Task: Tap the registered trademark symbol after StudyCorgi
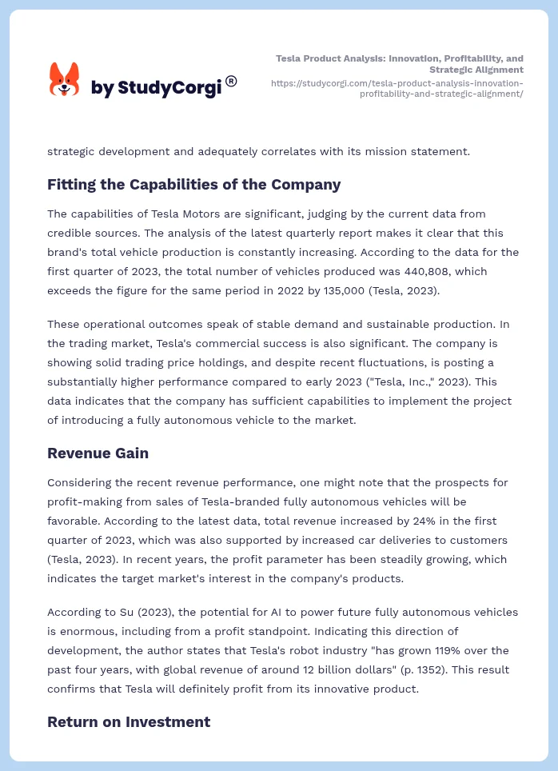click(x=231, y=81)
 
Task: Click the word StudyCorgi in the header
click(x=169, y=88)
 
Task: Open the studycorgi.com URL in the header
click(x=397, y=88)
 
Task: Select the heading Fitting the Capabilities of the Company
click(x=193, y=185)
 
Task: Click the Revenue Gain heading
click(x=98, y=453)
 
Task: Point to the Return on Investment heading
click(x=128, y=722)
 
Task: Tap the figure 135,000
click(x=340, y=290)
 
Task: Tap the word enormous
click(x=74, y=631)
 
